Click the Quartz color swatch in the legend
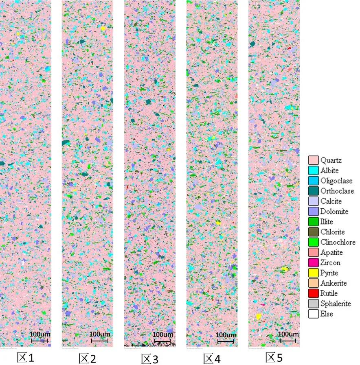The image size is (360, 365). click(313, 160)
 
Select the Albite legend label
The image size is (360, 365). click(329, 170)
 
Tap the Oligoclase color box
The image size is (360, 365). click(313, 181)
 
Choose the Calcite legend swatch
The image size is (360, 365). click(313, 201)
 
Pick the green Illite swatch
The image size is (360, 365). click(313, 222)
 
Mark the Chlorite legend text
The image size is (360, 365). click(332, 232)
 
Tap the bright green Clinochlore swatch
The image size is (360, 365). click(313, 242)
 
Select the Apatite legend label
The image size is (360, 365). click(331, 252)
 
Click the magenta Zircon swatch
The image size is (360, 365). click(313, 262)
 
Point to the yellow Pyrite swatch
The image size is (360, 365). click(313, 273)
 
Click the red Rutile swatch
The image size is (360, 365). click(313, 293)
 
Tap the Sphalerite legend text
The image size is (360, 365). click(336, 304)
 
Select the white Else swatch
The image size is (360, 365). click(313, 314)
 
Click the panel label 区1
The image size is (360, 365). click(26, 358)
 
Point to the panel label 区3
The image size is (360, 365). click(150, 359)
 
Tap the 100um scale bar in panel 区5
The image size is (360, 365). click(288, 340)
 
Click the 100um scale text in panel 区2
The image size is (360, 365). click(100, 334)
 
